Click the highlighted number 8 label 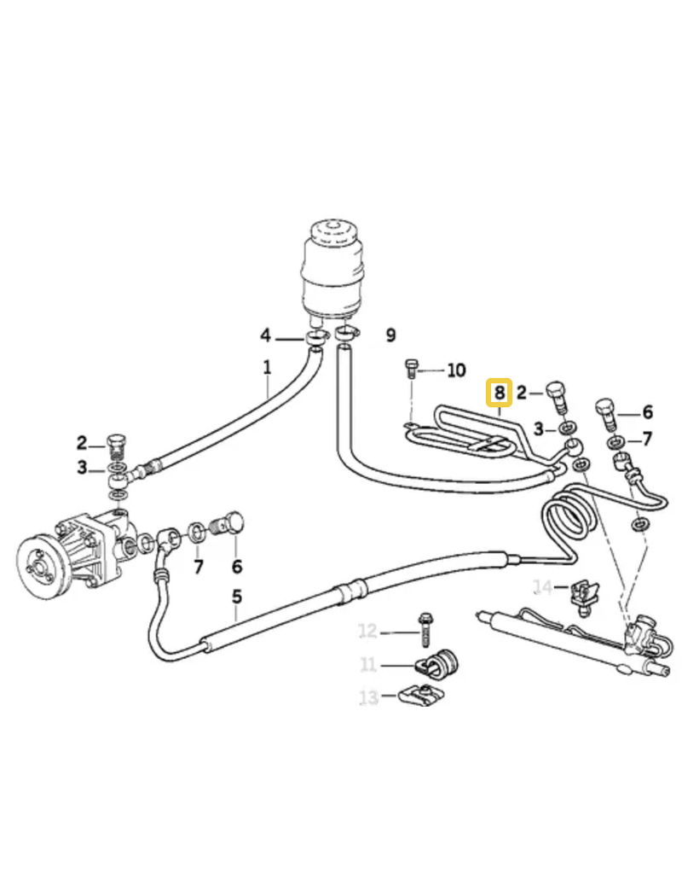(x=499, y=393)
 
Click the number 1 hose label (x=267, y=368)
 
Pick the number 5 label (x=237, y=597)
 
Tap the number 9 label (x=390, y=335)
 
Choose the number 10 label (x=456, y=370)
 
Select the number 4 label (x=266, y=335)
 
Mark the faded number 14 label (x=543, y=586)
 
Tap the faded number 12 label (x=367, y=632)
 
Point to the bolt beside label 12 (x=424, y=631)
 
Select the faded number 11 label (x=367, y=665)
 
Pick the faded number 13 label (x=367, y=697)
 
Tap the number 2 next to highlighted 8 (x=522, y=393)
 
